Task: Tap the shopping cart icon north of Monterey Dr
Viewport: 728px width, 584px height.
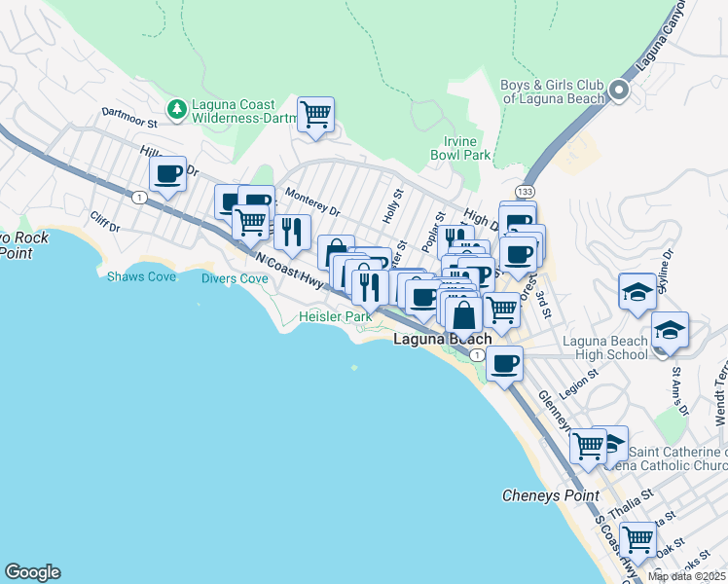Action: coord(315,114)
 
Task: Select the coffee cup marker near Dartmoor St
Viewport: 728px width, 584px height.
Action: coord(167,174)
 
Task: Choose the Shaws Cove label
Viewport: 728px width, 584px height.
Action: coord(142,276)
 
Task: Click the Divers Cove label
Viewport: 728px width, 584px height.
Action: coord(235,278)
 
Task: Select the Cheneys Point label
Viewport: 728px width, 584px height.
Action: coord(550,495)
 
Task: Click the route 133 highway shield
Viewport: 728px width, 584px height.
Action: coord(526,192)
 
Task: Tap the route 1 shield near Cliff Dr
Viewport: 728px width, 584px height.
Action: coord(140,198)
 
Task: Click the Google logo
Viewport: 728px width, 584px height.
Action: coord(32,572)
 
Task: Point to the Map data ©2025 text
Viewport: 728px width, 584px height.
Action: coord(687,576)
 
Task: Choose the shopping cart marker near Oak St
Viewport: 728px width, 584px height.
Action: coord(637,537)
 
